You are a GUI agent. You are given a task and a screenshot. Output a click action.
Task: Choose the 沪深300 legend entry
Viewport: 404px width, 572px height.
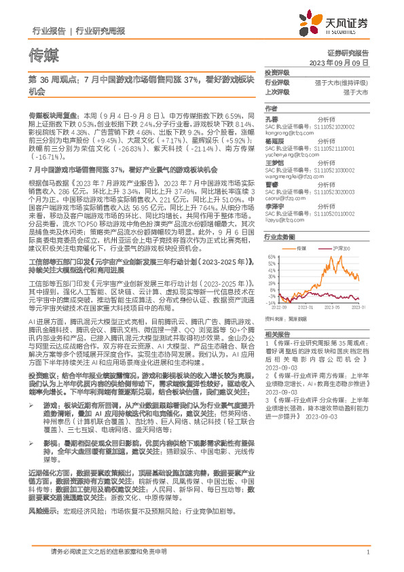[x=341, y=249]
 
